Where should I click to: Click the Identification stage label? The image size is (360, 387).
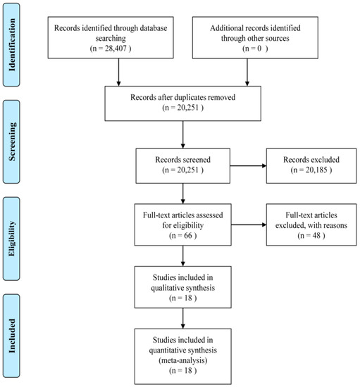tap(11, 44)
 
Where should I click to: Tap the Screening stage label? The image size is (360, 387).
tap(11, 141)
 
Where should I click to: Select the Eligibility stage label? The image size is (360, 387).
tap(11, 239)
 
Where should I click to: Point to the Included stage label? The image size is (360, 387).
tap(11, 336)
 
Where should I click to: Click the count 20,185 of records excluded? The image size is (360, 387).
tap(316, 170)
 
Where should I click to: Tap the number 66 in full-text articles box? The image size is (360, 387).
tap(188, 236)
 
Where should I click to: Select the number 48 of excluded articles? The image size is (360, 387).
tap(316, 236)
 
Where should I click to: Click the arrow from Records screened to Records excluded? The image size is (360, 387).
tap(248, 166)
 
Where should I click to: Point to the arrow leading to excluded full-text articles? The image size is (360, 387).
tap(249, 225)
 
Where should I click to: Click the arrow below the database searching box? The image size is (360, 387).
tap(118, 72)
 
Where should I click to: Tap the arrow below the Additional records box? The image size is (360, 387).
tap(247, 72)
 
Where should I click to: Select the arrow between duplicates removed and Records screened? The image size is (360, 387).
tap(183, 134)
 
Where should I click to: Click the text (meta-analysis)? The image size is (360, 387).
tap(183, 360)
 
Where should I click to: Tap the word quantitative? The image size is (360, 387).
tap(167, 350)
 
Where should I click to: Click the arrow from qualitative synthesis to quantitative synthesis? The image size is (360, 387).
tap(183, 318)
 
